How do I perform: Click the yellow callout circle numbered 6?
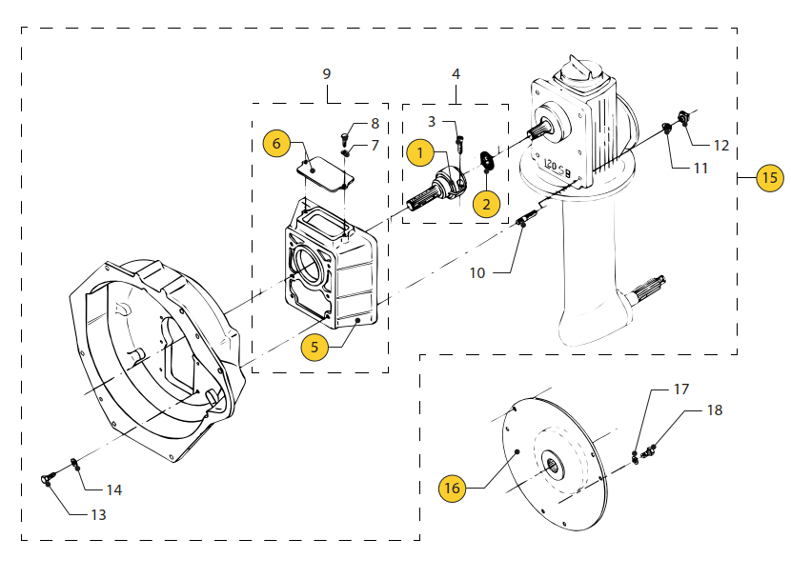pos(276,143)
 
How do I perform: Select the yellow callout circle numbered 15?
pos(769,177)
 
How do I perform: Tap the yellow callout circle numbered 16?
pos(452,488)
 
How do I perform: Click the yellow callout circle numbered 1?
pos(420,150)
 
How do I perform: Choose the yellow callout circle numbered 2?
pos(486,203)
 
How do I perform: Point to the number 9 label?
pos(327,73)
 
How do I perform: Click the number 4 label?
pos(456,73)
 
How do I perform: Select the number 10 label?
pos(477,272)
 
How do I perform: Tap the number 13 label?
pos(98,514)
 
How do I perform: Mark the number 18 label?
pos(714,410)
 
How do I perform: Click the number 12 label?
pos(720,146)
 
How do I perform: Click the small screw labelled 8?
pos(346,136)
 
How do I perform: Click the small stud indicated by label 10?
pos(523,222)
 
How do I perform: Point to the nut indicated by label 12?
pos(683,118)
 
